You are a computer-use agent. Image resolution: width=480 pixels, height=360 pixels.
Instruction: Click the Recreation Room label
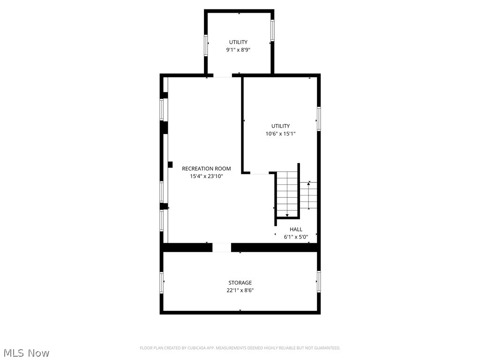click(x=206, y=169)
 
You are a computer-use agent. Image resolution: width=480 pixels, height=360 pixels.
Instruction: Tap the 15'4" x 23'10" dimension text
click(x=206, y=177)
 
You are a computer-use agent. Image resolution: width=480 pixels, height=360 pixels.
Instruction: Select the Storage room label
click(x=240, y=283)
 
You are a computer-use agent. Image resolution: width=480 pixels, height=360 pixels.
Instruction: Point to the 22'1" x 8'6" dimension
click(x=240, y=291)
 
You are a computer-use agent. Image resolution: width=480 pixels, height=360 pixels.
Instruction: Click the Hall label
click(x=296, y=229)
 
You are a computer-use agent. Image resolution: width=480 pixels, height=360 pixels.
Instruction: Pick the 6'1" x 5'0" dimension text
click(x=296, y=237)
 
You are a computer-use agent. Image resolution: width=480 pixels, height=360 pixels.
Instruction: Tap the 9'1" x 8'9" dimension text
click(x=238, y=50)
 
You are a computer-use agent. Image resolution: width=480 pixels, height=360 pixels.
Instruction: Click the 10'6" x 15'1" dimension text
click(x=280, y=134)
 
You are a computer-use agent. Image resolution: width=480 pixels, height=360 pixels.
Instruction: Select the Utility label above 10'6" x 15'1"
click(x=280, y=126)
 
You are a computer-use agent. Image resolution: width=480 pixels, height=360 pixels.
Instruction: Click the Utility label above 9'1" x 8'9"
click(x=238, y=42)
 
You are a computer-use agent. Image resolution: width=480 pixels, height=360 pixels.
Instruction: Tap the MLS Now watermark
click(x=26, y=352)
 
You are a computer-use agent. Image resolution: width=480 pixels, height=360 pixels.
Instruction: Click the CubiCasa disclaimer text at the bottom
click(x=240, y=348)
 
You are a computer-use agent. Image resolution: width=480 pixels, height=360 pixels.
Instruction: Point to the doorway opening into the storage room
click(x=222, y=247)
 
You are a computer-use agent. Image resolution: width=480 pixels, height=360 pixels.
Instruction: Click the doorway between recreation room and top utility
click(x=223, y=75)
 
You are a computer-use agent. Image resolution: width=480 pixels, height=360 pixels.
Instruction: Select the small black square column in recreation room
click(x=170, y=164)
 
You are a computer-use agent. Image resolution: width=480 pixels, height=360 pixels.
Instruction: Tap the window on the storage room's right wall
click(x=319, y=282)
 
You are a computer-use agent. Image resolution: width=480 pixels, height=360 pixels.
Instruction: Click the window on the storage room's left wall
click(x=162, y=283)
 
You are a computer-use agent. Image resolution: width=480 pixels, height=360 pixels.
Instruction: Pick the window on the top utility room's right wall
click(x=272, y=31)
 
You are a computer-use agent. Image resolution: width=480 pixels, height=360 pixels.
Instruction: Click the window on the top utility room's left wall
click(x=206, y=45)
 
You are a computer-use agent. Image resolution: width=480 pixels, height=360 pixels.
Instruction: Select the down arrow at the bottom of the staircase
click(x=287, y=215)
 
